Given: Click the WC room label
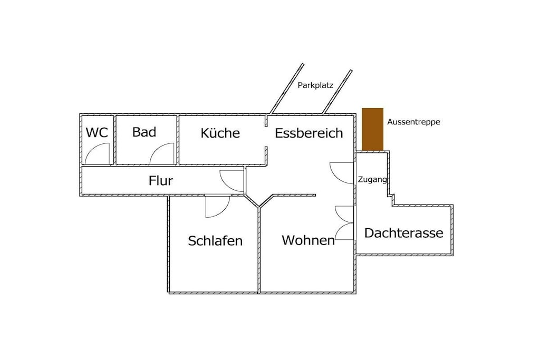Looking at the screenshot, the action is coord(97,132).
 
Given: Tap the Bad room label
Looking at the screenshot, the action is coord(144,132).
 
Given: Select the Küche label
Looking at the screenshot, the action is coord(220,133).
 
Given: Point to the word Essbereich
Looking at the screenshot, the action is coord(309,133).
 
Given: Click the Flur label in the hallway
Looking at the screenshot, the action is coord(161,180).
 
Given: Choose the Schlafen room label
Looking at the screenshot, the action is coord(215,240).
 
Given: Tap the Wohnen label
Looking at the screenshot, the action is coord(308,240).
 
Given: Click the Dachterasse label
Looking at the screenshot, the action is coord(403,233).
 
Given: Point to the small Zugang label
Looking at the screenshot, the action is coord(372,180).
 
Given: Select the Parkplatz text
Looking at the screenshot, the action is coord(315,85).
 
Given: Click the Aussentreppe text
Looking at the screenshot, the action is coord(413,122).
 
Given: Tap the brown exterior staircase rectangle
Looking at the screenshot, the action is coord(373,129).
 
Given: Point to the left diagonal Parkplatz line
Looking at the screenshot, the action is coord(286,89).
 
